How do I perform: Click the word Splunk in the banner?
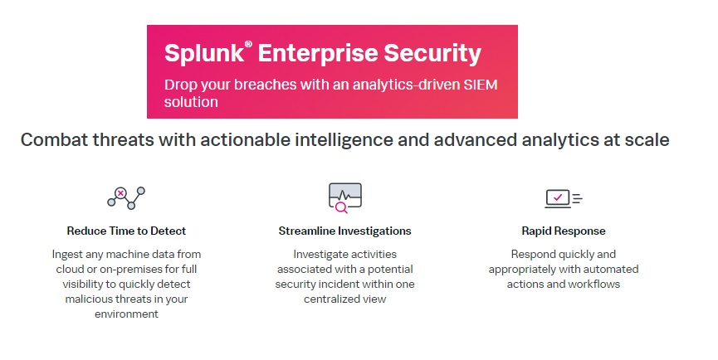point(204,54)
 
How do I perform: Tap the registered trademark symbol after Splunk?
point(248,44)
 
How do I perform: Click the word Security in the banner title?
point(432,54)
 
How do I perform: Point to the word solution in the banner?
point(191,101)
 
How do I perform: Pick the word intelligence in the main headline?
point(344,140)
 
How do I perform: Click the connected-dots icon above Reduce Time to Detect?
point(126,197)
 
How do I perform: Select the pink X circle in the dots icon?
point(120,193)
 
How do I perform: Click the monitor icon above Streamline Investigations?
point(344,197)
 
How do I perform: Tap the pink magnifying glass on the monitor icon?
point(341,207)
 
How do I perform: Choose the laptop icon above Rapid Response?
point(564,199)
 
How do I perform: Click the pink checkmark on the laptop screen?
point(558,197)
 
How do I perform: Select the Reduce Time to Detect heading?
point(126,231)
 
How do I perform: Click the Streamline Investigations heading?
point(344,231)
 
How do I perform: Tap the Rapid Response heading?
point(564,231)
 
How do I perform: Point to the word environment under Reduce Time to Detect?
point(126,314)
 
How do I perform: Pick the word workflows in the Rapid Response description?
point(594,284)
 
